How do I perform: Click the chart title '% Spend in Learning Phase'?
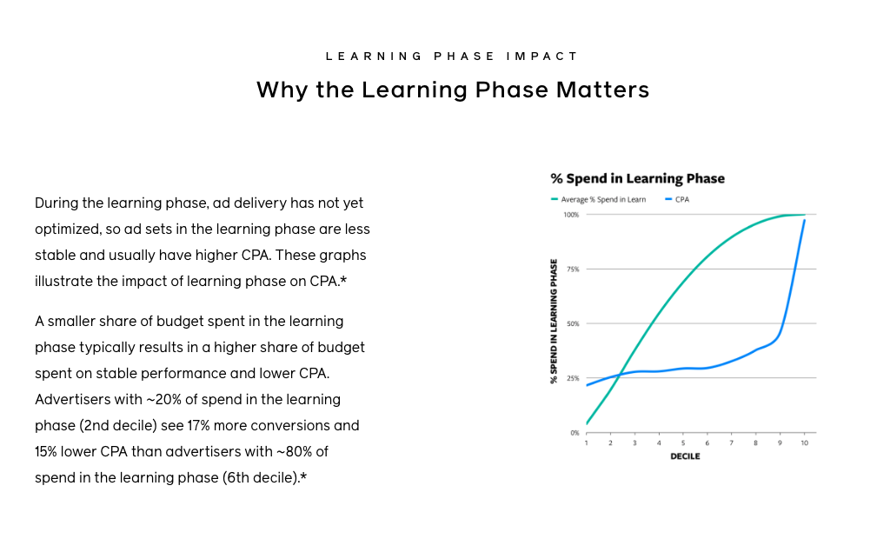click(x=637, y=179)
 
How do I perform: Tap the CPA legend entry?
click(x=677, y=200)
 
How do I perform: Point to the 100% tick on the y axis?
click(x=571, y=215)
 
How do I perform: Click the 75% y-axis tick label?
click(x=573, y=270)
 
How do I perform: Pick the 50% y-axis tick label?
click(x=573, y=324)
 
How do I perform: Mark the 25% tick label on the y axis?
click(x=573, y=378)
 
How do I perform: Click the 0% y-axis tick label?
click(x=575, y=433)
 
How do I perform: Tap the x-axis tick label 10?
click(x=804, y=443)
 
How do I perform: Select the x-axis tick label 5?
click(x=683, y=443)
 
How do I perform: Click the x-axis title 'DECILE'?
click(x=685, y=456)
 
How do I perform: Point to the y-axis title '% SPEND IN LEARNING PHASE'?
click(x=554, y=321)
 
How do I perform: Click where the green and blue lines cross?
click(x=619, y=375)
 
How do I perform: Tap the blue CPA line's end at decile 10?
click(x=804, y=220)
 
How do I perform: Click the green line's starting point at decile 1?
click(x=587, y=423)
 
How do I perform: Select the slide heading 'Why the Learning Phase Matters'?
click(x=453, y=90)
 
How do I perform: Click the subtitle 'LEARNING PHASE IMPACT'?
click(x=452, y=57)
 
